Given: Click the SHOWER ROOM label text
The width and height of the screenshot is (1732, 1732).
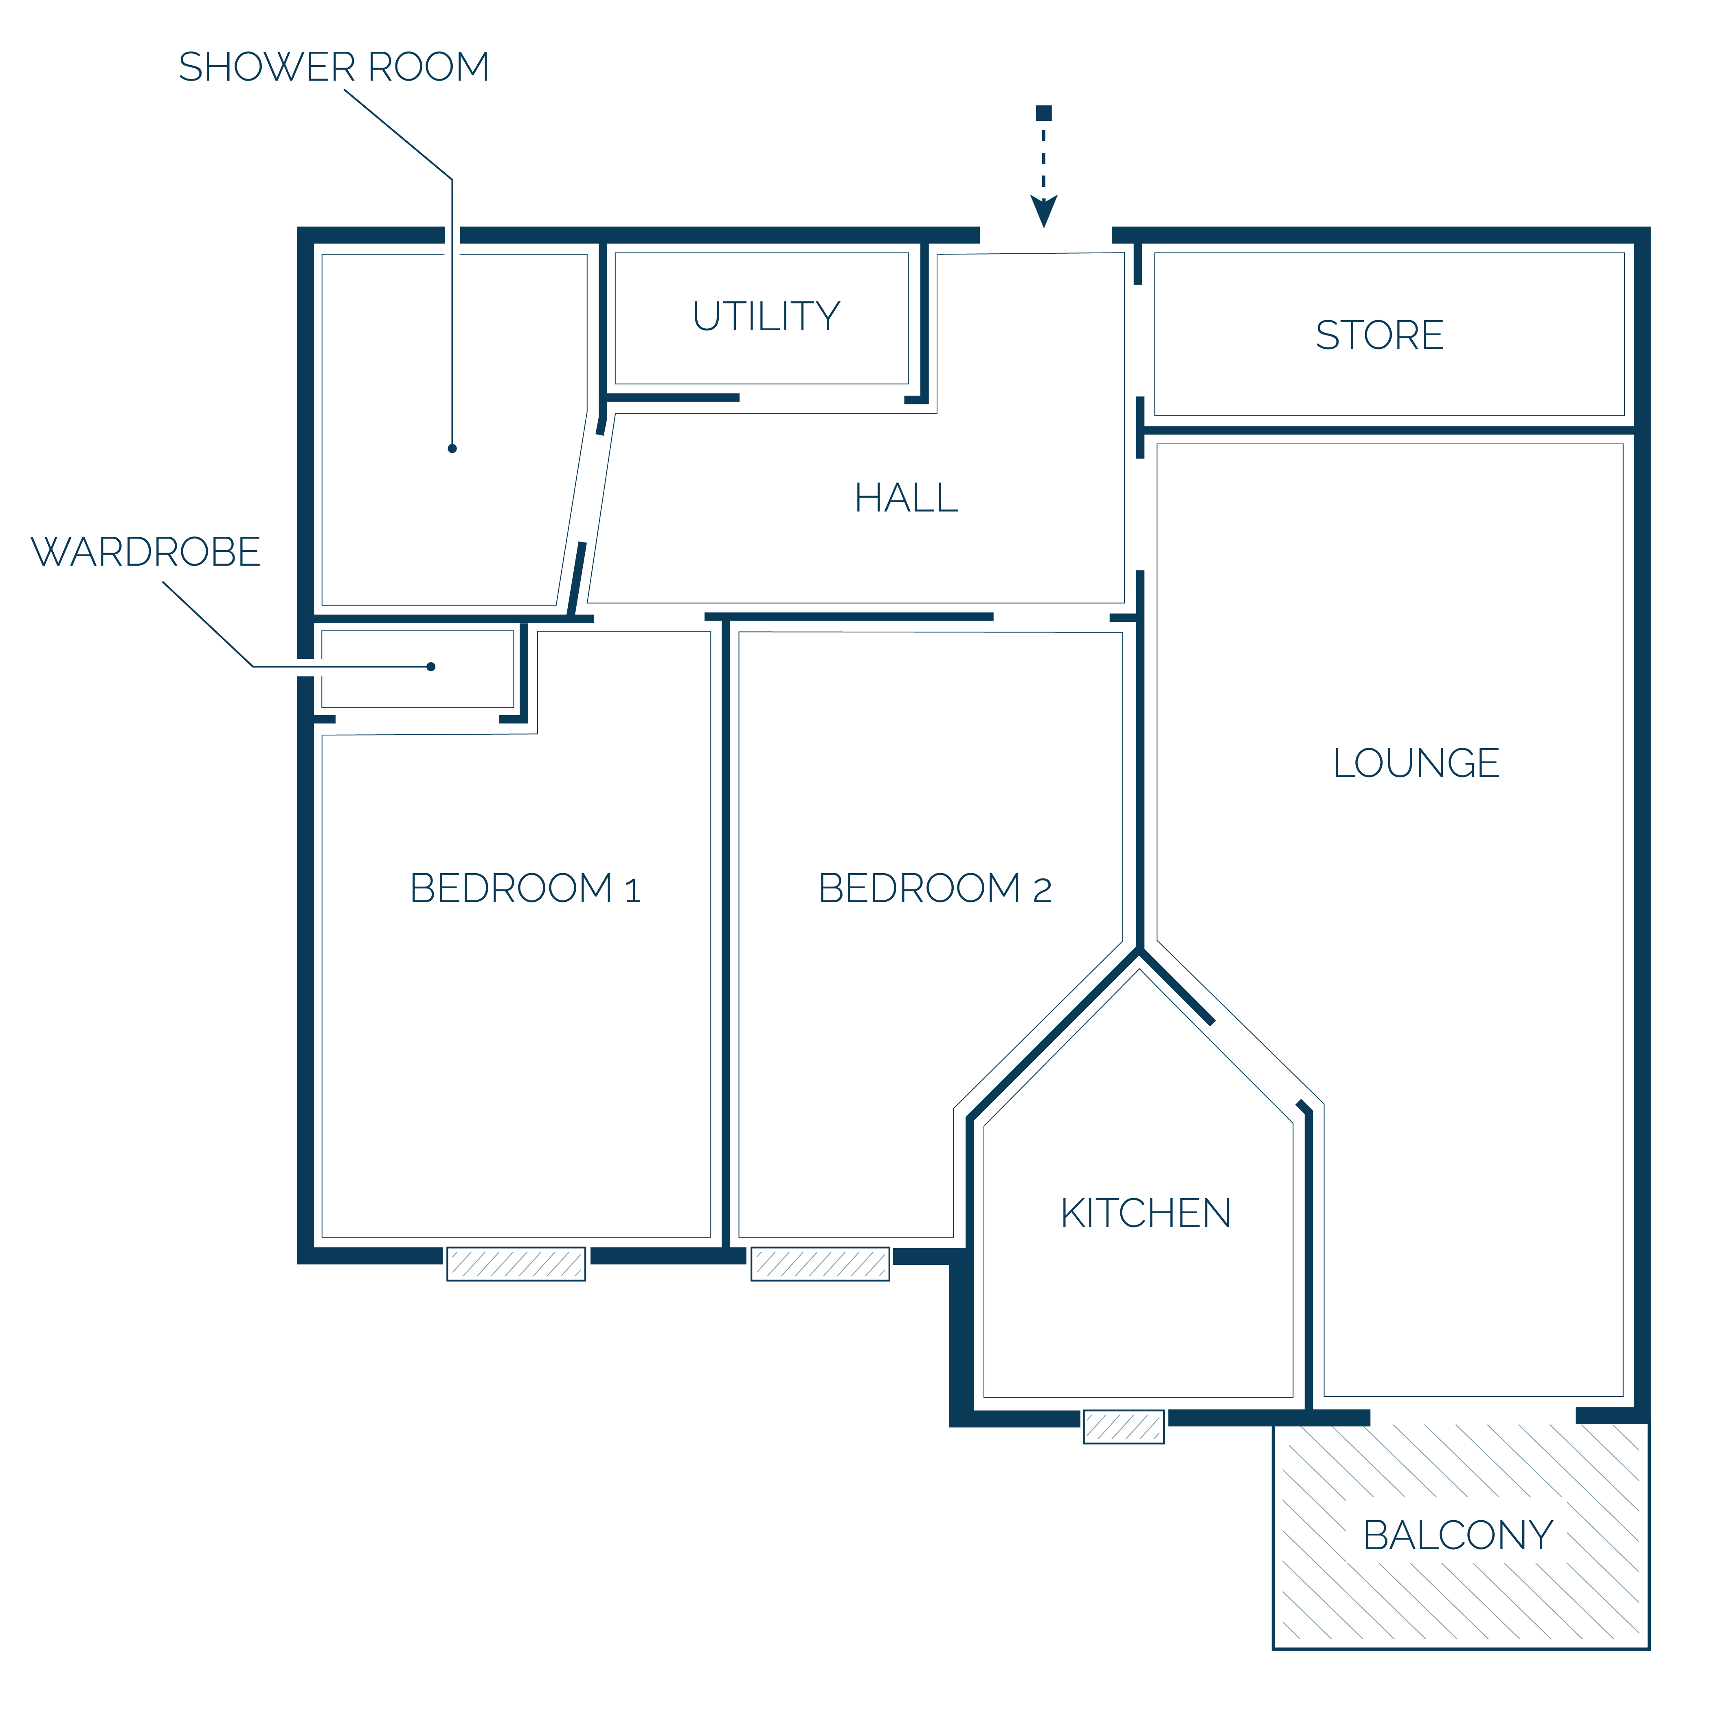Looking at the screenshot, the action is click(334, 67).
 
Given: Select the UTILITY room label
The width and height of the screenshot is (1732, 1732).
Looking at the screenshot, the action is click(766, 316).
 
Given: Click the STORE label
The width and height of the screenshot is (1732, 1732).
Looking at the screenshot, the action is click(1380, 335).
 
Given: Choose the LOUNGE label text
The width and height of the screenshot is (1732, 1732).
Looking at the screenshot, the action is click(1416, 763).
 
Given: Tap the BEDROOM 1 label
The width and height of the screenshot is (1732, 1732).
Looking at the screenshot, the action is click(525, 889).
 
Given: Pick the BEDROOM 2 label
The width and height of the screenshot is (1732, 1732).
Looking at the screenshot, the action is click(935, 889).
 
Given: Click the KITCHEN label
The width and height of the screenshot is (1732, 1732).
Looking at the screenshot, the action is click(1146, 1214).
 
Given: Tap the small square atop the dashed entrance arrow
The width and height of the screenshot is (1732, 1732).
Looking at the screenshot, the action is click(1043, 113).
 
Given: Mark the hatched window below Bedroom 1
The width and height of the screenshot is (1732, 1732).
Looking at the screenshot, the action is click(516, 1264).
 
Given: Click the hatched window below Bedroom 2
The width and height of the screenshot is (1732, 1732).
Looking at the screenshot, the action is click(820, 1264).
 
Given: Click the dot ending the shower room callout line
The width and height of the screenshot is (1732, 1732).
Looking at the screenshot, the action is click(452, 448).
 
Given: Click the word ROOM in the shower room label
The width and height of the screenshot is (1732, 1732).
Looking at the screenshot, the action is click(428, 67).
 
